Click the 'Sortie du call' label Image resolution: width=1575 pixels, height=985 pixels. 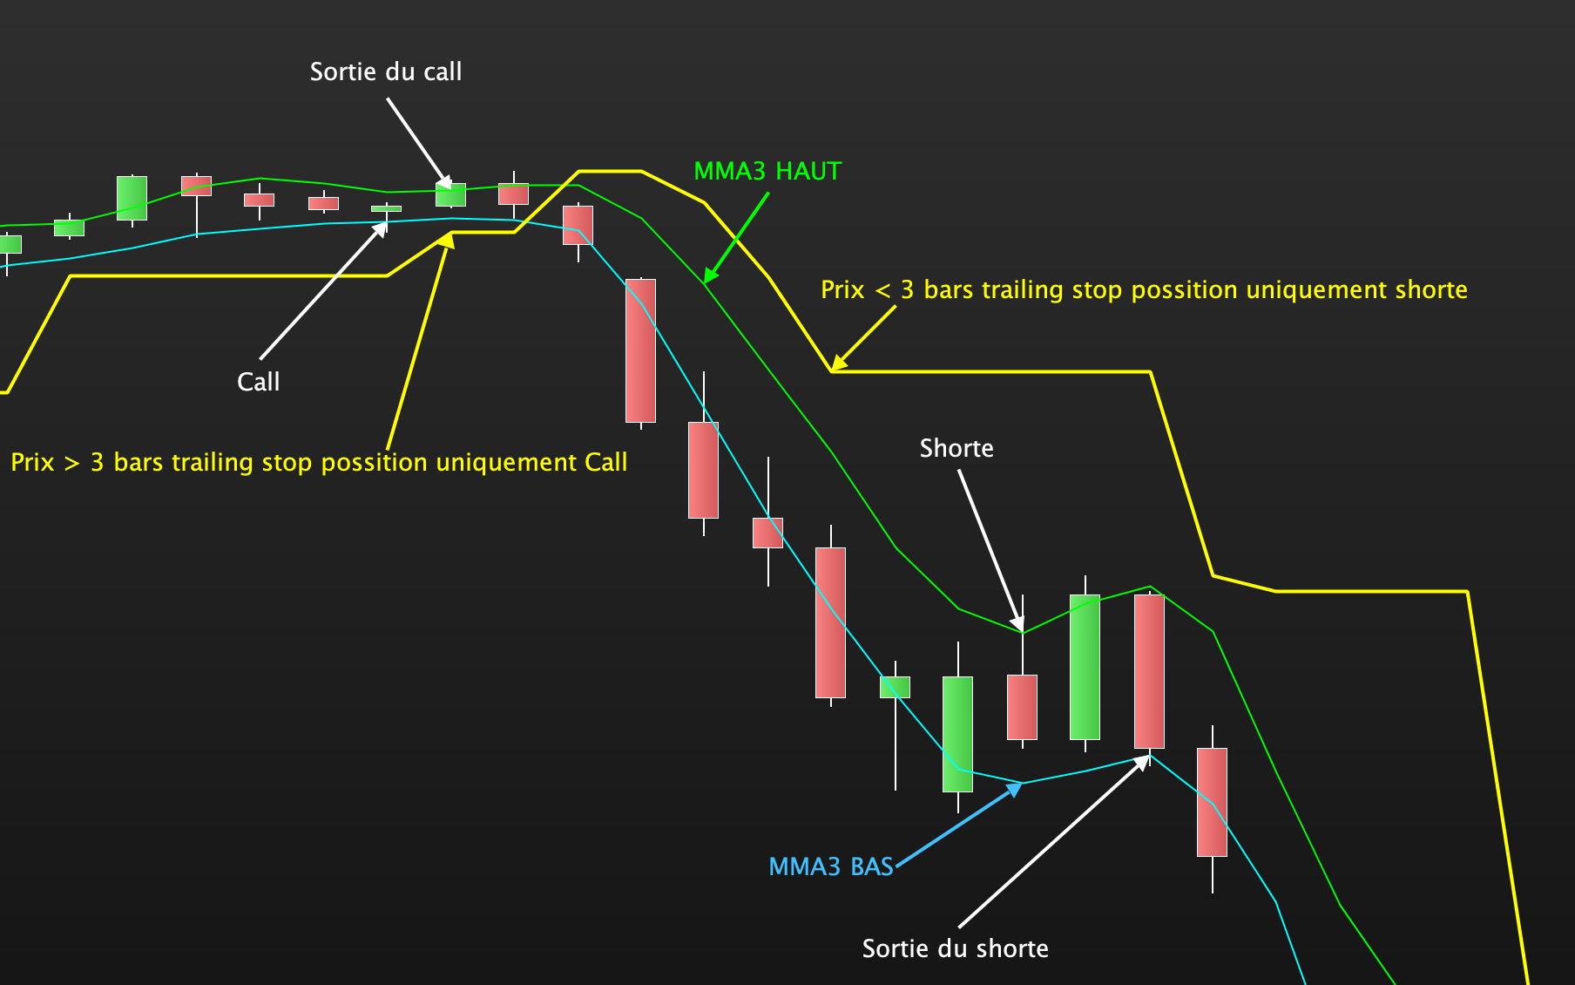[x=386, y=71]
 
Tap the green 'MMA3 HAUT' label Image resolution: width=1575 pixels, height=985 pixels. [x=767, y=171]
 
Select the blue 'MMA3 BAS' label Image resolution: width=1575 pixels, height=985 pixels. [x=831, y=866]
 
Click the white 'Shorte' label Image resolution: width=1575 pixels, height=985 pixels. [x=956, y=448]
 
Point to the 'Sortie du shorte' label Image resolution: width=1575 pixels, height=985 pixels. [x=955, y=948]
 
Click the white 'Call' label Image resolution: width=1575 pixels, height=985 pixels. [x=259, y=382]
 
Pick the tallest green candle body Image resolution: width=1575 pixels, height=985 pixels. [x=1085, y=667]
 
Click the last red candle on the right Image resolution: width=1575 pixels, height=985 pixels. [x=1212, y=802]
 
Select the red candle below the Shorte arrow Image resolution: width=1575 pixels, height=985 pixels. [x=1022, y=707]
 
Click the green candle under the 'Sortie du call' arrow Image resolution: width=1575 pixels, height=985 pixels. [x=450, y=194]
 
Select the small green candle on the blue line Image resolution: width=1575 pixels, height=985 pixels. [x=895, y=687]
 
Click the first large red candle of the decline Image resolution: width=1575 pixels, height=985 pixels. [x=640, y=350]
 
